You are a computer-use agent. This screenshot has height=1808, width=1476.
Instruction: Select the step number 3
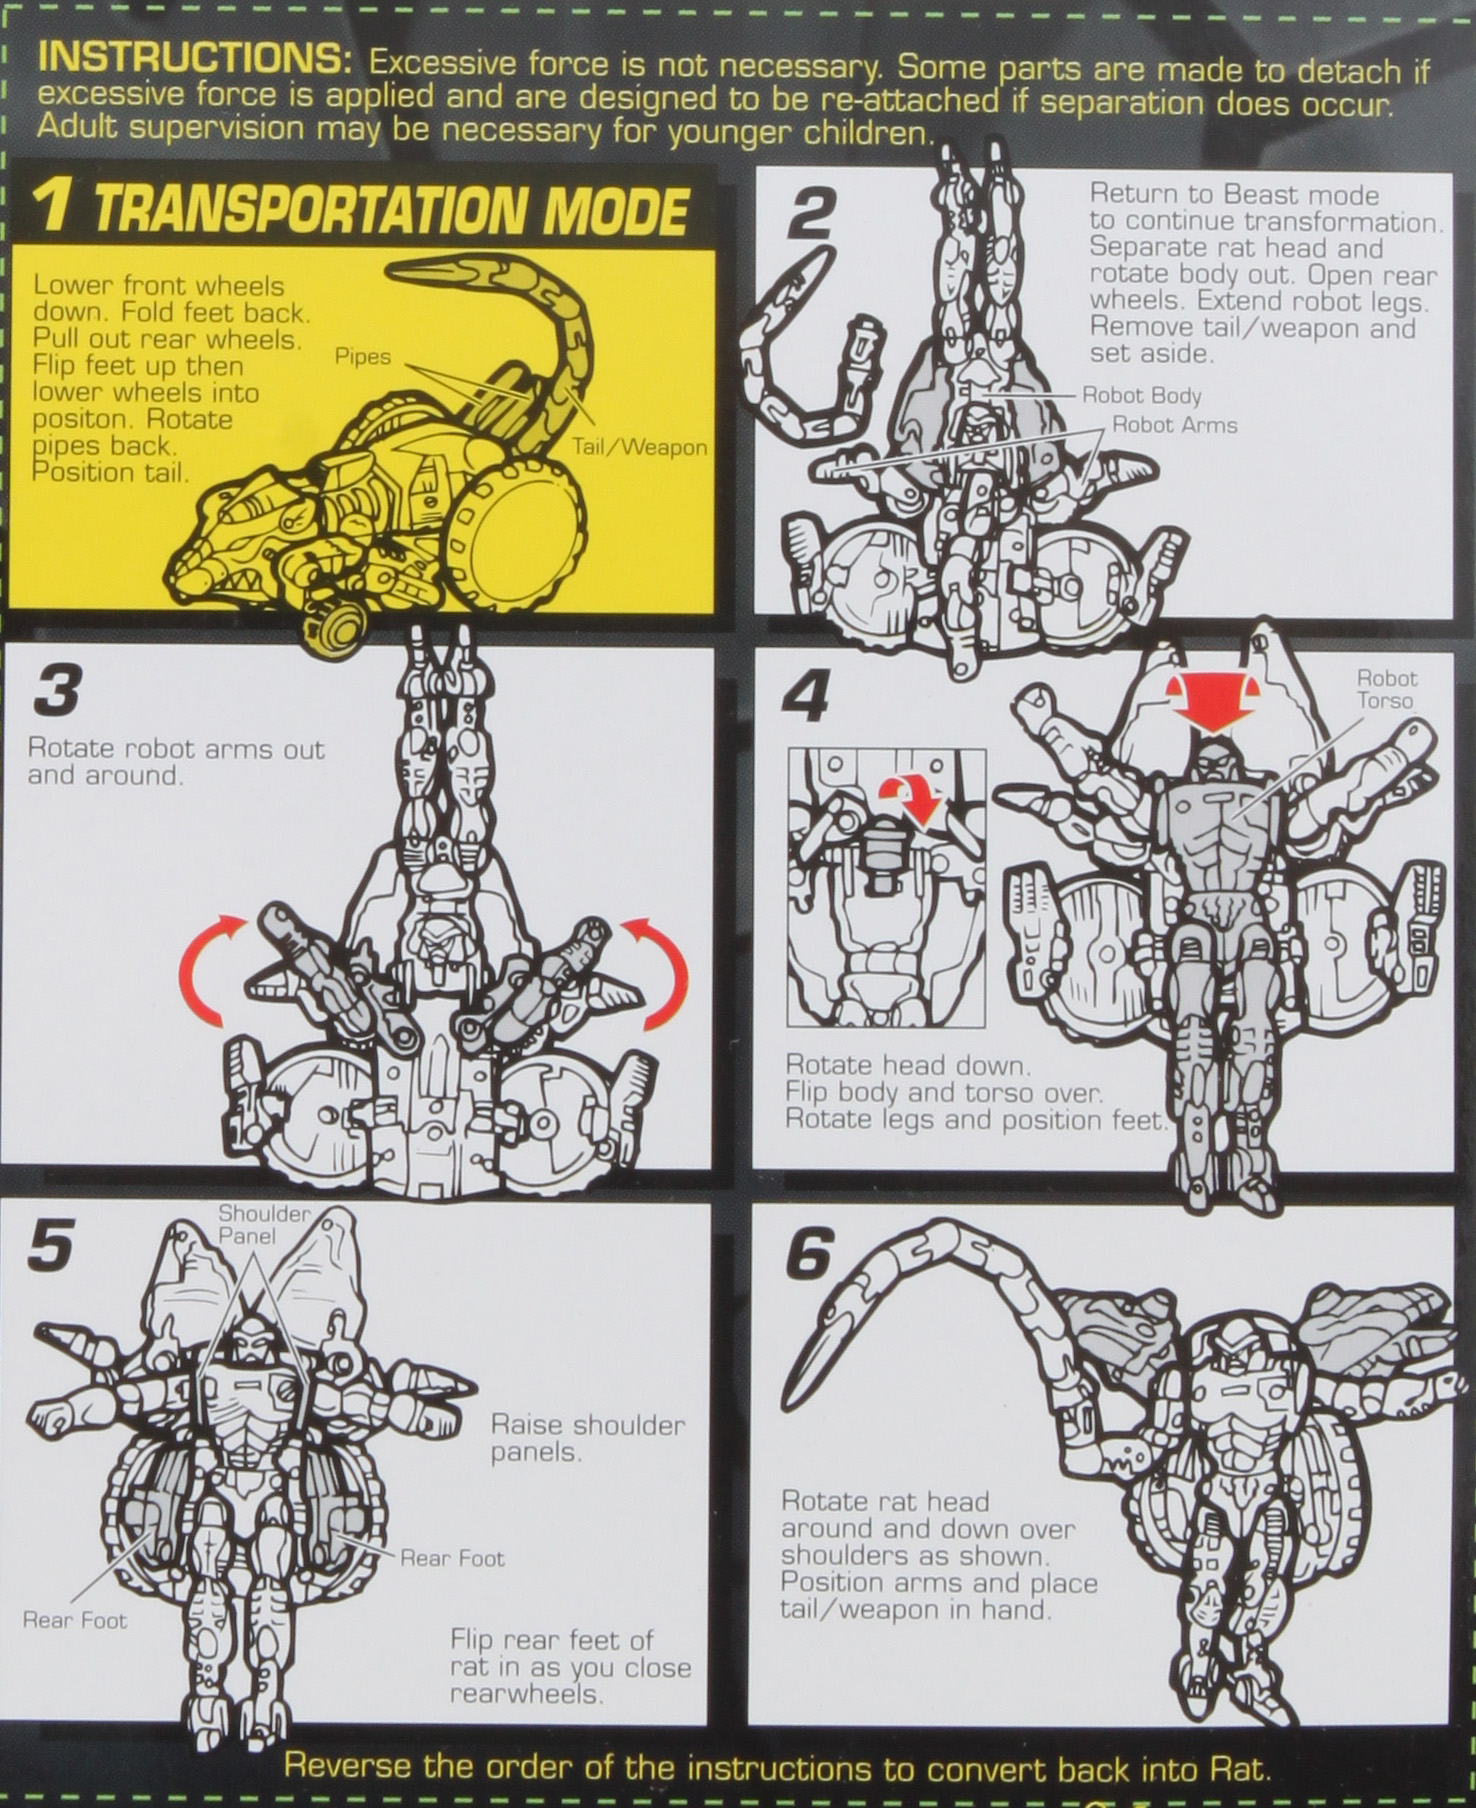[56, 692]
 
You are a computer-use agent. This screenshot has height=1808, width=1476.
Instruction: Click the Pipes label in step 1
[363, 357]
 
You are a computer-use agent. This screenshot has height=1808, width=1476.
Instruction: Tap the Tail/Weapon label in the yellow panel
[639, 448]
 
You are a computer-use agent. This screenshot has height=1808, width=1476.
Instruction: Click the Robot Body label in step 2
[1141, 396]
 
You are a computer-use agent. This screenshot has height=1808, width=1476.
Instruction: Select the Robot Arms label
[1174, 425]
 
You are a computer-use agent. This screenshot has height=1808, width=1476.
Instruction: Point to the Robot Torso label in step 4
[1386, 689]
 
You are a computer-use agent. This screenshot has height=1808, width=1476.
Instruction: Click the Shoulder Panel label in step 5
[264, 1224]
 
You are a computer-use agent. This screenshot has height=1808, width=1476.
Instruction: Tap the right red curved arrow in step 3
[660, 970]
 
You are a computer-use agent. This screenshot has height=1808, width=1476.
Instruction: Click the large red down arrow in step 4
[1210, 702]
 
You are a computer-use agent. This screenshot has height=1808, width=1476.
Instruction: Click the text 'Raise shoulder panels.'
[586, 1438]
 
